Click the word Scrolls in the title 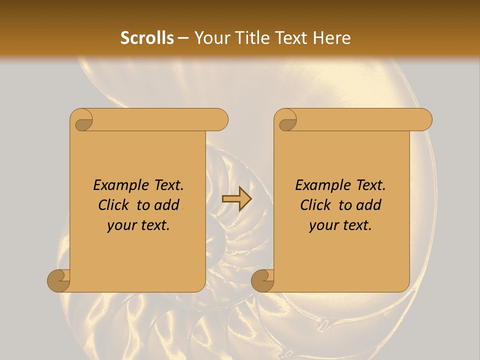tap(147, 38)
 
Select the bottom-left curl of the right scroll tap(263, 280)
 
